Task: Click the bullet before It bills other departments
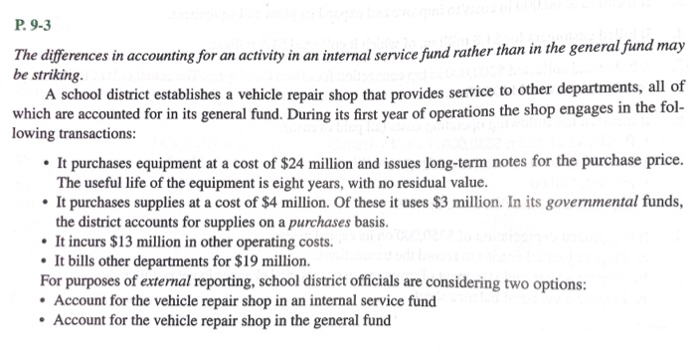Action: click(45, 262)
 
